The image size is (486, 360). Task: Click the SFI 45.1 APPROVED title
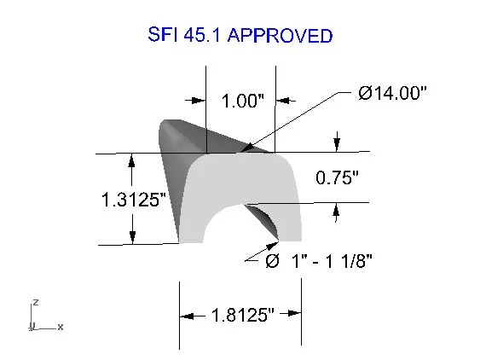coord(240,35)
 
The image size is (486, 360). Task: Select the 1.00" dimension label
coord(242,101)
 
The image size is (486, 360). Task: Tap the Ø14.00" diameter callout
coord(392,93)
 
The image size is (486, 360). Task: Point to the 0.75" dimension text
coord(337,177)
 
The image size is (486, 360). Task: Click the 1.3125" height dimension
coord(134,200)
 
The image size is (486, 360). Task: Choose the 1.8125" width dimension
coord(243,315)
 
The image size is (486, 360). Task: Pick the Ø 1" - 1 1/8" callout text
coord(319,260)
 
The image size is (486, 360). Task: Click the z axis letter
coord(36,302)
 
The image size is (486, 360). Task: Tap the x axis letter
coord(61,327)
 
